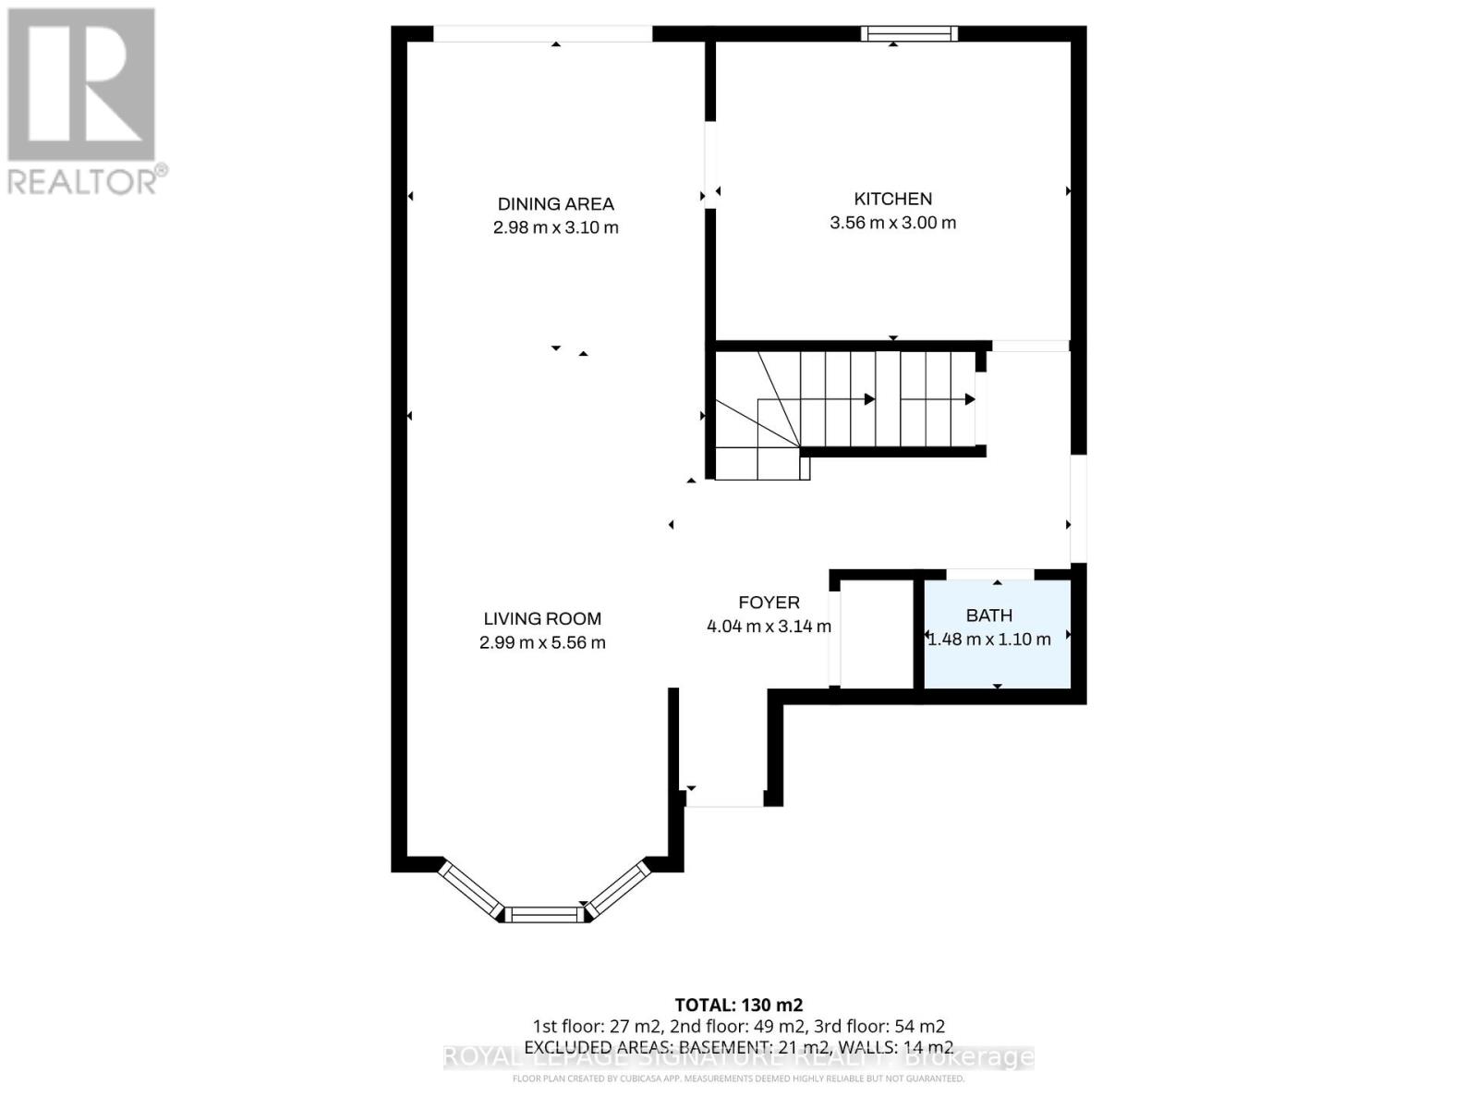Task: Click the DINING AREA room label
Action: pyautogui.click(x=555, y=204)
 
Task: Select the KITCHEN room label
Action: pyautogui.click(x=892, y=199)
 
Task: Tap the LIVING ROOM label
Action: pyautogui.click(x=542, y=619)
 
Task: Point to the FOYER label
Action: pyautogui.click(x=769, y=603)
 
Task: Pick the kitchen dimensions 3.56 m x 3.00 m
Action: pyautogui.click(x=892, y=223)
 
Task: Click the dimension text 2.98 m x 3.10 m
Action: pyautogui.click(x=555, y=227)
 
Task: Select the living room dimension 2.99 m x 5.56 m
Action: pyautogui.click(x=542, y=643)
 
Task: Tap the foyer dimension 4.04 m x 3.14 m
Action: pyautogui.click(x=769, y=627)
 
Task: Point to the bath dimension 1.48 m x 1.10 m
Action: pyautogui.click(x=988, y=640)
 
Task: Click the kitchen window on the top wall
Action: pyautogui.click(x=909, y=34)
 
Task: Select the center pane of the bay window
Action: pyautogui.click(x=545, y=915)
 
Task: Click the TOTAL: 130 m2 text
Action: pyautogui.click(x=739, y=1005)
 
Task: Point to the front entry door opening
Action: pyautogui.click(x=724, y=800)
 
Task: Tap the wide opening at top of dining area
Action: pyautogui.click(x=543, y=34)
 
